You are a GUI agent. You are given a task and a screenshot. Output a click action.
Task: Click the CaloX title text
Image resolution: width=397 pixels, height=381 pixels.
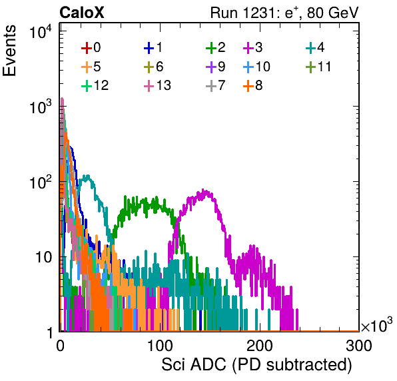pyautogui.click(x=82, y=13)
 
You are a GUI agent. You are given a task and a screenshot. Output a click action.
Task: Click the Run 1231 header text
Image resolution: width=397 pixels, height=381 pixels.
pyautogui.click(x=284, y=13)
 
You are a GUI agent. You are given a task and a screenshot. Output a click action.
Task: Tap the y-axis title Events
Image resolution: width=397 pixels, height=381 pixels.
pyautogui.click(x=9, y=51)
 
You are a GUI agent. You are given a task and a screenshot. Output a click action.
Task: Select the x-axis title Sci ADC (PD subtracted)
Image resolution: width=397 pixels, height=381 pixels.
pyautogui.click(x=256, y=365)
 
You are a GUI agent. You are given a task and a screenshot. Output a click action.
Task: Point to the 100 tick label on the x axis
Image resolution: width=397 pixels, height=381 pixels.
pyautogui.click(x=160, y=346)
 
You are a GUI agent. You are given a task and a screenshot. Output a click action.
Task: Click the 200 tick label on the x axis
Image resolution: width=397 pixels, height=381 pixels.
pyautogui.click(x=260, y=346)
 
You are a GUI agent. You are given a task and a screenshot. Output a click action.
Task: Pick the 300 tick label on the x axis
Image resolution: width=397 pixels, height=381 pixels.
pyautogui.click(x=359, y=346)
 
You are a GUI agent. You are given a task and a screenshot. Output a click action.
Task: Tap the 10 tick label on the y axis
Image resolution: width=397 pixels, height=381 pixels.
pyautogui.click(x=43, y=257)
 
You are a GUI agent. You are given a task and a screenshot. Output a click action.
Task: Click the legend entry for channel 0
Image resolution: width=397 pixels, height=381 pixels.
pyautogui.click(x=91, y=47)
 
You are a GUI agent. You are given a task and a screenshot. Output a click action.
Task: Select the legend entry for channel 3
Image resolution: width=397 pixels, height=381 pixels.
pyautogui.click(x=252, y=47)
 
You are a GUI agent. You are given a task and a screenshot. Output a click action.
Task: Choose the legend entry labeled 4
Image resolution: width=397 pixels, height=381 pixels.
pyautogui.click(x=315, y=47)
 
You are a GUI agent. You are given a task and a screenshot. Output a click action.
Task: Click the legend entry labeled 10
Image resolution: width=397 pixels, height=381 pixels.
pyautogui.click(x=256, y=67)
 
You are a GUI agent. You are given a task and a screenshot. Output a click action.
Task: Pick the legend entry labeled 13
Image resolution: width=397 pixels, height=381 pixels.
pyautogui.click(x=157, y=85)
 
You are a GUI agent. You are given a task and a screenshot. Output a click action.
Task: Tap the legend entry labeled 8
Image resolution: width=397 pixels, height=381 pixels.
pyautogui.click(x=252, y=85)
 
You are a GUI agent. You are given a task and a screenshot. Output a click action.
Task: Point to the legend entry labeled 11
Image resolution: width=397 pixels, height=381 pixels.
pyautogui.click(x=318, y=67)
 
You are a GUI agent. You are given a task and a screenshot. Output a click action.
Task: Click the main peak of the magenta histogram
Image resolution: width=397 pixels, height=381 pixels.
pyautogui.click(x=203, y=190)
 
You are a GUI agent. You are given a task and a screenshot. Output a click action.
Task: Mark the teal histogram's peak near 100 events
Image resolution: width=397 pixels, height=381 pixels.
pyautogui.click(x=88, y=177)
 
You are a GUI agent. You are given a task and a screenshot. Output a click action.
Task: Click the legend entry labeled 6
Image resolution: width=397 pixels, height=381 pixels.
pyautogui.click(x=153, y=67)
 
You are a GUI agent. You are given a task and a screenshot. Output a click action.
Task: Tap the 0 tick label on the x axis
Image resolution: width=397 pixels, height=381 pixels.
pyautogui.click(x=60, y=346)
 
